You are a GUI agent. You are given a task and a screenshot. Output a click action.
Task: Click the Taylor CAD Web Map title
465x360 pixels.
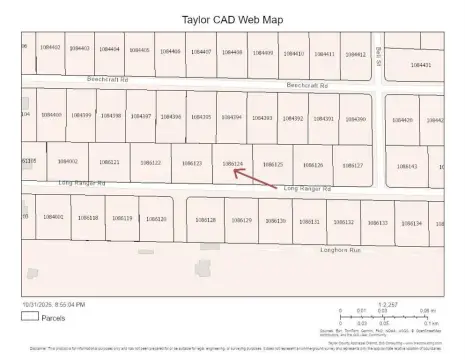(x=232, y=18)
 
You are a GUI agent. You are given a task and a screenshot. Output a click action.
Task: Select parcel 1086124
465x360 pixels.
(x=232, y=163)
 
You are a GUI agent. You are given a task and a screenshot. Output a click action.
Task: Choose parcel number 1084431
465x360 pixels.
(x=420, y=64)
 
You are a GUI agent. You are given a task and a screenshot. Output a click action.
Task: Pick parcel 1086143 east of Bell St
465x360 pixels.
(x=407, y=166)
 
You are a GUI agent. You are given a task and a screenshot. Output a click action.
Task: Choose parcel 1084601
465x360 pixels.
(x=53, y=216)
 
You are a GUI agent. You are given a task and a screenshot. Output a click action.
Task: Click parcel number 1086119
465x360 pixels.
(x=121, y=217)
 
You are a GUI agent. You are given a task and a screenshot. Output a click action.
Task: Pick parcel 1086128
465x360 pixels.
(x=206, y=219)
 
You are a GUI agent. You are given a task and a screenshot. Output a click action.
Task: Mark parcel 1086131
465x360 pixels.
(x=309, y=221)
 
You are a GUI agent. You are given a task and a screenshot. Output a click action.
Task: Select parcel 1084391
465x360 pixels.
(x=323, y=118)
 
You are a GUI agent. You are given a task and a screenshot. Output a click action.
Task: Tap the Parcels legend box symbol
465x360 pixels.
(x=30, y=317)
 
